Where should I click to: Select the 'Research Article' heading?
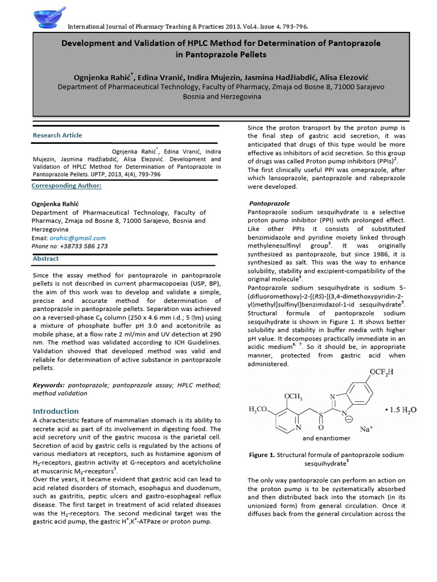coord(57,135)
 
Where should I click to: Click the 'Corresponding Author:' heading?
coord(67,186)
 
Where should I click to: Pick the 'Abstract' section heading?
coord(46,259)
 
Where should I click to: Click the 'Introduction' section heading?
coord(56,411)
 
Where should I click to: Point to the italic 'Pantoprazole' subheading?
coord(270,203)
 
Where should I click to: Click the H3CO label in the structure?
coord(261,410)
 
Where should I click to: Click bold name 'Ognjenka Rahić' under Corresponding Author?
coord(53,203)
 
